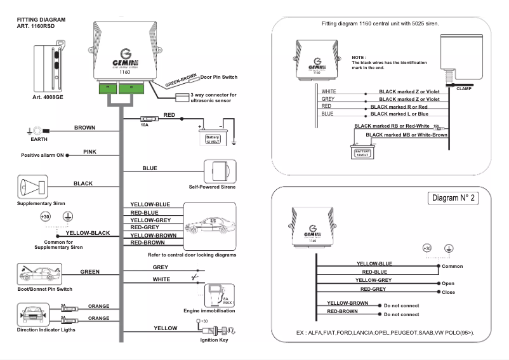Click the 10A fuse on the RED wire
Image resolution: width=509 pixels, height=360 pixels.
[x=149, y=119]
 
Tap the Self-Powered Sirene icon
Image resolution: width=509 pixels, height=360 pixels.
[x=220, y=171]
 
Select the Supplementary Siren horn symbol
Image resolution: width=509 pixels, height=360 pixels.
[x=32, y=187]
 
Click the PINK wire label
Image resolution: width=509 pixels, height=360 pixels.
[x=89, y=152]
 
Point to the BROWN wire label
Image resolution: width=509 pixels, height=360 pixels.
[x=84, y=128]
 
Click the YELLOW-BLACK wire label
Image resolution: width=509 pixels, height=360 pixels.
[x=88, y=233]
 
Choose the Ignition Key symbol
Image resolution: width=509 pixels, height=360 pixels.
[x=216, y=330]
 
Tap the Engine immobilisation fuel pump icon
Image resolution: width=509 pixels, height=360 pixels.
[x=219, y=295]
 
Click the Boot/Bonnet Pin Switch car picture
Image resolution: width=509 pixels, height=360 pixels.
[x=39, y=274]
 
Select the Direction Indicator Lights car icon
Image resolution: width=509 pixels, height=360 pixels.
[x=33, y=314]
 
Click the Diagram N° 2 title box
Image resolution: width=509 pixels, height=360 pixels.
[x=453, y=198]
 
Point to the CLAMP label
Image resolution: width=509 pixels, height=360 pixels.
[x=464, y=89]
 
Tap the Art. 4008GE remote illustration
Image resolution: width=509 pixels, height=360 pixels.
[x=49, y=67]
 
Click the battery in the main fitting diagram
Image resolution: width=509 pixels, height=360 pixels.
[x=213, y=137]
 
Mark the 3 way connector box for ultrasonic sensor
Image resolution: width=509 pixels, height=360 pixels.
[x=182, y=98]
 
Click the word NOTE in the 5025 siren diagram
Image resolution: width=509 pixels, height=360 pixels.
[x=359, y=57]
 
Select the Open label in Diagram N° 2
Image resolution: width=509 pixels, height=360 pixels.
[x=448, y=283]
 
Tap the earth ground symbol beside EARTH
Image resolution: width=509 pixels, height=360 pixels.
[x=29, y=131]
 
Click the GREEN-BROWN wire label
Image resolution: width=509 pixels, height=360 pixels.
[x=181, y=80]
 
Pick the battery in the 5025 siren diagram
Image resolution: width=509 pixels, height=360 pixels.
[x=362, y=151]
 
